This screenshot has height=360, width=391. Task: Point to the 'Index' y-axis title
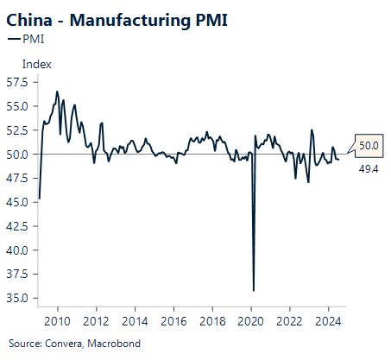pos(37,64)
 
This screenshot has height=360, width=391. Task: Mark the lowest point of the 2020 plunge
pos(253,290)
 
